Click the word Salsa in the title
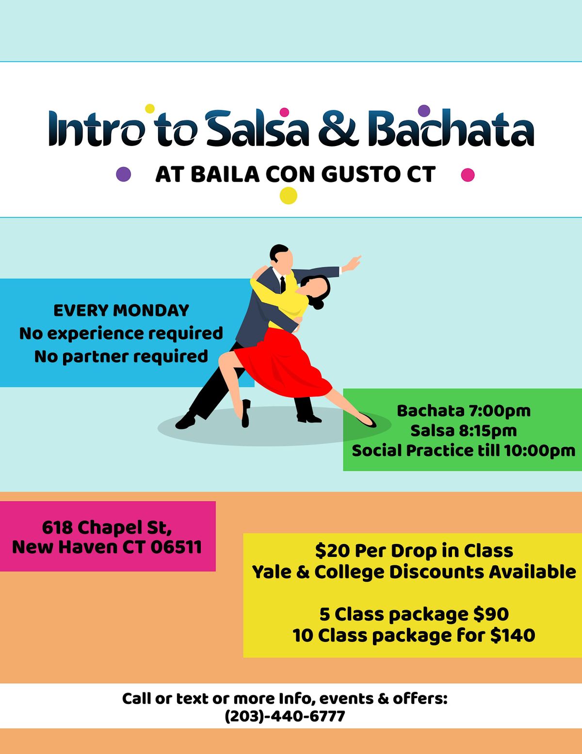257,128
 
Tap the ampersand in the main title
338,128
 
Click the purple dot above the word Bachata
424,111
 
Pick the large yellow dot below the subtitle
289,196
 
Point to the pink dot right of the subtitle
468,175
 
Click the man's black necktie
283,284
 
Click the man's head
281,257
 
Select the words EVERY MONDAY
121,311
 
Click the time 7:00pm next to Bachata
500,411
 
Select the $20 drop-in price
333,551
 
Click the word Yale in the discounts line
272,572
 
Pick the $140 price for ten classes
513,636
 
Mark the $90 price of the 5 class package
491,614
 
